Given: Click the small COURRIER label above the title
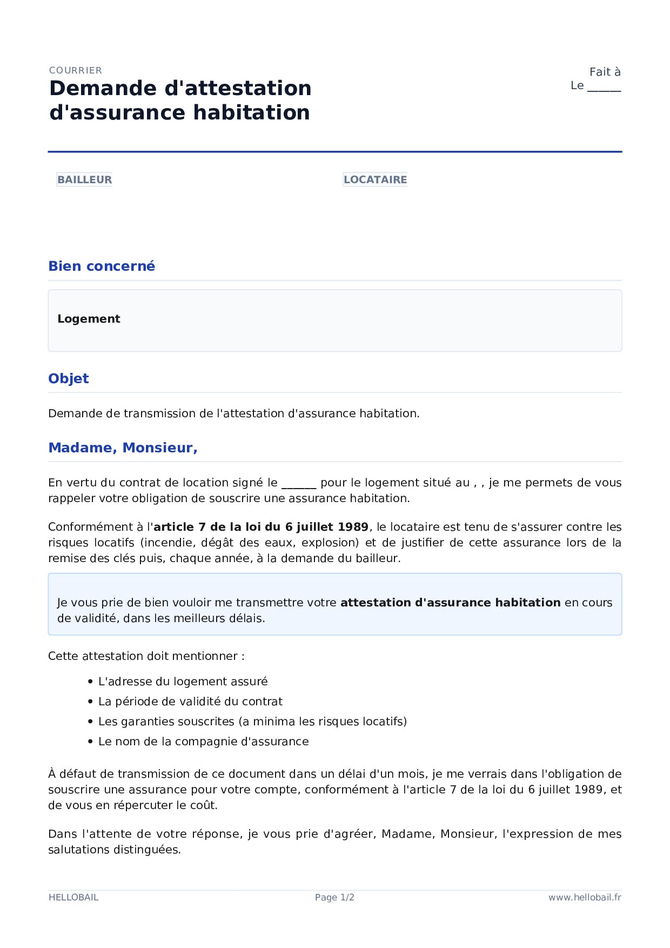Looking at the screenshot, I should point(75,70).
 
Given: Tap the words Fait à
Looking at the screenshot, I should point(604,72).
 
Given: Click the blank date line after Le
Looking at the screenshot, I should point(604,87).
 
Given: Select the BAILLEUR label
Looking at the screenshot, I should point(84,179).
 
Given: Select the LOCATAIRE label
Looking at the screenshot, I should point(375,179).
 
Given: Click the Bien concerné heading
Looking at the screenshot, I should point(102,266).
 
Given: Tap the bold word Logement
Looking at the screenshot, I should point(89,319).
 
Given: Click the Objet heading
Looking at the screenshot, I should point(68,378).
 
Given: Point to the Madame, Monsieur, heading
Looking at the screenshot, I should point(123,448).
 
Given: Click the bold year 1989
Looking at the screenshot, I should point(353,527).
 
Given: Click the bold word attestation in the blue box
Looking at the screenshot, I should point(375,603).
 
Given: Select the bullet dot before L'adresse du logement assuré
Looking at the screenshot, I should point(91,682).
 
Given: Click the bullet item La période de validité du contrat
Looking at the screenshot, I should point(190,702).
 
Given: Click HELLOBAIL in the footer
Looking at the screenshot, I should point(73,897).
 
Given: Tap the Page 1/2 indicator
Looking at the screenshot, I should point(334,897).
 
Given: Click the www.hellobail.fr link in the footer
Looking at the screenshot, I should point(585,897).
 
